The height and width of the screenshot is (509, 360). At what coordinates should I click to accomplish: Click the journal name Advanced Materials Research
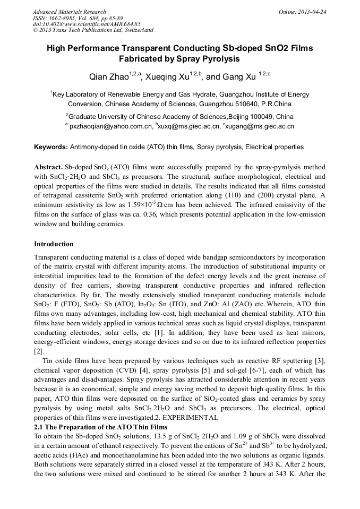[x=69, y=12]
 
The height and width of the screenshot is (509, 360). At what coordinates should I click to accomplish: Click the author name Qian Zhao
[x=109, y=77]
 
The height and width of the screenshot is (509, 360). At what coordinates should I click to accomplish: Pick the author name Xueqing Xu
[x=167, y=77]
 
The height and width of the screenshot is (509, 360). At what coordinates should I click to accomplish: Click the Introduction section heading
[x=54, y=244]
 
